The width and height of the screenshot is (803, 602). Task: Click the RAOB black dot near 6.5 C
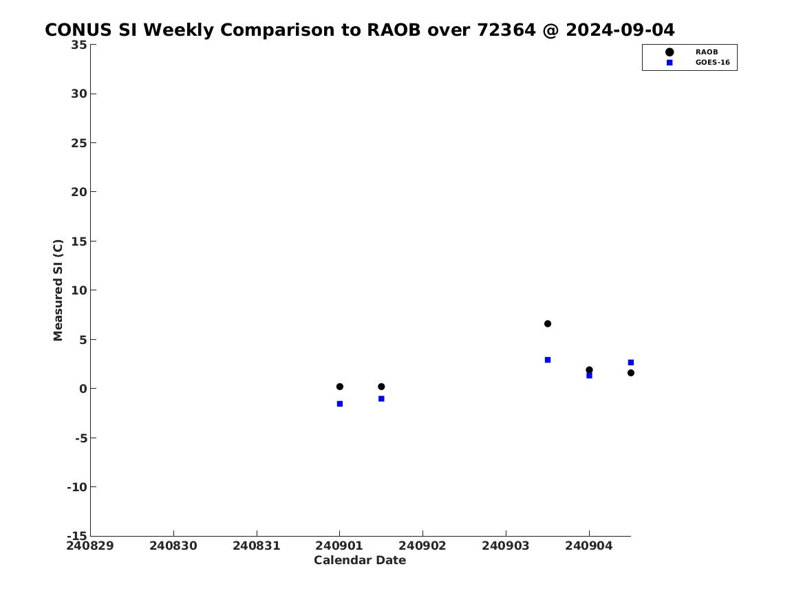548,323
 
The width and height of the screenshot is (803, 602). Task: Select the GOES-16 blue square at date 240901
339,404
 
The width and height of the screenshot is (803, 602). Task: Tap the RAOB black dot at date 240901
339,387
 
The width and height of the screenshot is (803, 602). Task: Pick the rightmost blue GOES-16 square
630,363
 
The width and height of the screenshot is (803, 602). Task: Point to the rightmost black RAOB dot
630,373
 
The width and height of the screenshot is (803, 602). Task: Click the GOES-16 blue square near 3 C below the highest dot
548,360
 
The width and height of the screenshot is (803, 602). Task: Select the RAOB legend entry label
706,52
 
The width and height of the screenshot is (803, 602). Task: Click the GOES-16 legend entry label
712,63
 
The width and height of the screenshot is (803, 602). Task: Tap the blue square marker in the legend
670,63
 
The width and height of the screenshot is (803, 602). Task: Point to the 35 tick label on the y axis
79,45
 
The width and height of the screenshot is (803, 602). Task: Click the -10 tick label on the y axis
77,487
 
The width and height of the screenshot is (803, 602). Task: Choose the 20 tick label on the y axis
79,192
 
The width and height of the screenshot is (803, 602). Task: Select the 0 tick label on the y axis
83,389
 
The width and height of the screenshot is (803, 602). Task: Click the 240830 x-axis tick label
173,546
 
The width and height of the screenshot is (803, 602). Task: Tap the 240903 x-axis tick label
506,546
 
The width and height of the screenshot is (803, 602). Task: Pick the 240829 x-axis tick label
90,546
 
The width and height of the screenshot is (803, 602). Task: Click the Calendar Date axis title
360,560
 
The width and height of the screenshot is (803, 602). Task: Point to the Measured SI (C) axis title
58,290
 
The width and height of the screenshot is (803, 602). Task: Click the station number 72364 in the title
506,30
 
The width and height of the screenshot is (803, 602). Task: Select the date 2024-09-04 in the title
620,30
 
